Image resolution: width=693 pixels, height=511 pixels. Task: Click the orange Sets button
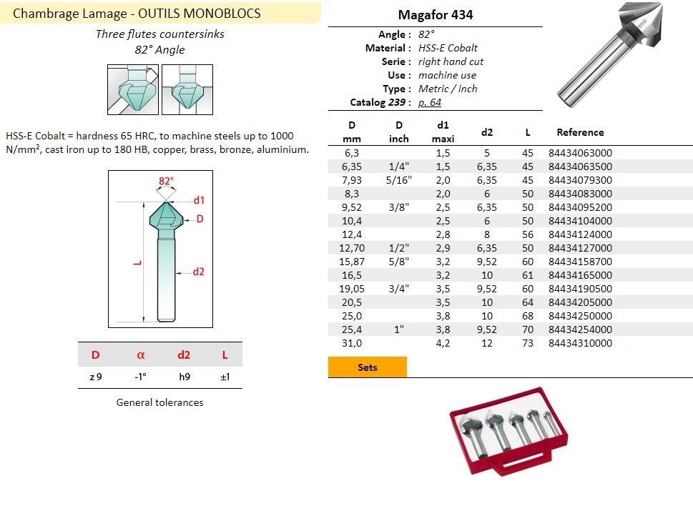click(x=368, y=367)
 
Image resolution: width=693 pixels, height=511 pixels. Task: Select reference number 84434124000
click(x=580, y=234)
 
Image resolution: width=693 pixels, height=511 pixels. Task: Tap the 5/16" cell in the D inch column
click(x=398, y=180)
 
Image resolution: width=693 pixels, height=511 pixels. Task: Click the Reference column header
click(x=580, y=132)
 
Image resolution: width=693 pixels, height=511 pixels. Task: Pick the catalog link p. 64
click(x=430, y=102)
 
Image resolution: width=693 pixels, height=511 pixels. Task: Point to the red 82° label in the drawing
click(x=166, y=181)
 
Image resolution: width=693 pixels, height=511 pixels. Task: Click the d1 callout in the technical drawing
click(x=199, y=200)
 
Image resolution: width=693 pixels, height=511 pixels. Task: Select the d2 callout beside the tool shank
click(x=198, y=272)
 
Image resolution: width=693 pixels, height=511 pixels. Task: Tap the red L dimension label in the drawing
click(x=137, y=263)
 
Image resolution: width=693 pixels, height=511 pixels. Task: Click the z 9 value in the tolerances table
click(x=96, y=377)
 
